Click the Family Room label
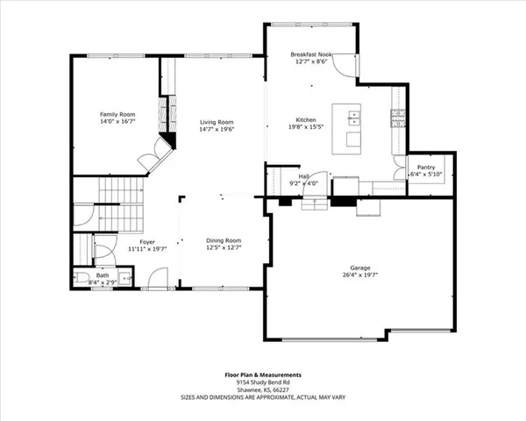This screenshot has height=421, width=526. click(x=116, y=115)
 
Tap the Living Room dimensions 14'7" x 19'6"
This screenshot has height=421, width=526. click(x=217, y=130)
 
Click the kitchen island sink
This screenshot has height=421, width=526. click(x=353, y=115)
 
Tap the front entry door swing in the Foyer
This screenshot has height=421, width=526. click(x=157, y=279)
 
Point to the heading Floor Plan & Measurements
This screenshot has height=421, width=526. click(x=262, y=375)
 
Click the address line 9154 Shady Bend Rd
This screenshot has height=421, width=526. click(x=262, y=382)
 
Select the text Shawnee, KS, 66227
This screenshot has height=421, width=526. click(x=262, y=390)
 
